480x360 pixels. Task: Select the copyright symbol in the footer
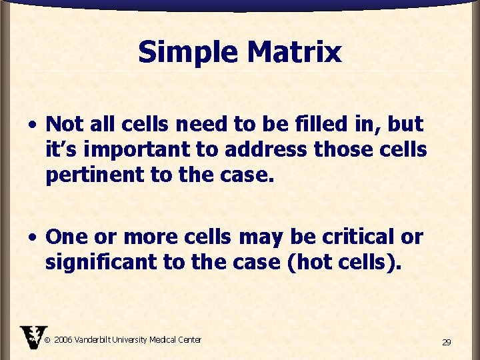click(47, 340)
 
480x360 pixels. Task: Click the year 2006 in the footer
click(63, 340)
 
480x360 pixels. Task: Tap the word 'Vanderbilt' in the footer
click(94, 340)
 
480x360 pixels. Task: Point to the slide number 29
click(446, 342)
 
